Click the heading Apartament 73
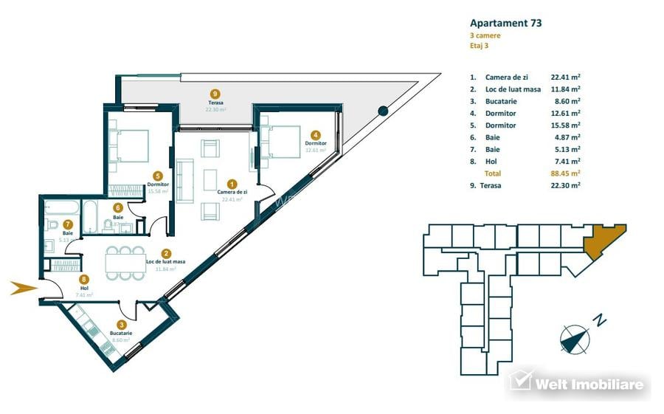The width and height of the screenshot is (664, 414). click(x=505, y=23)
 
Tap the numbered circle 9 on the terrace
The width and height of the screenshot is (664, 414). click(x=215, y=94)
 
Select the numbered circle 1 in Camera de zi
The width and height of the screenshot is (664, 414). click(x=232, y=184)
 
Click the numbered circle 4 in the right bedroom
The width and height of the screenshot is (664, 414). click(x=315, y=135)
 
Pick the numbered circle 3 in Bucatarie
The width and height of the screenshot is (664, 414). click(x=122, y=324)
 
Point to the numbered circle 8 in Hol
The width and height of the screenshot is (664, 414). click(x=84, y=280)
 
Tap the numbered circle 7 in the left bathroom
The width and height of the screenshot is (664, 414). click(x=67, y=224)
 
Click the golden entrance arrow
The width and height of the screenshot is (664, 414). click(x=23, y=288)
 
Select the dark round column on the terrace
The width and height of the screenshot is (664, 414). click(x=382, y=111)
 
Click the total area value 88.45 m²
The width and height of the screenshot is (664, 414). click(x=565, y=173)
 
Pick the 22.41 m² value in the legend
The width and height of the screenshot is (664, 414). click(x=565, y=77)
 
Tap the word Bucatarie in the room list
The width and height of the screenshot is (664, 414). click(x=501, y=101)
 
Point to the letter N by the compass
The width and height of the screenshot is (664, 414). click(x=601, y=320)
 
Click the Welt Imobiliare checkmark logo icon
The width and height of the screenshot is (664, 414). click(x=520, y=381)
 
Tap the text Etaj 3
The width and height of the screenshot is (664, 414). click(x=479, y=46)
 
